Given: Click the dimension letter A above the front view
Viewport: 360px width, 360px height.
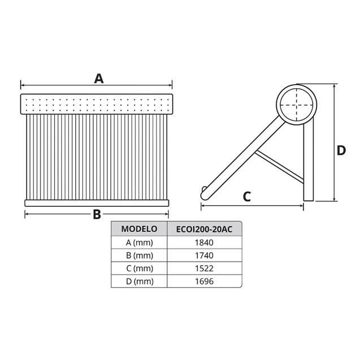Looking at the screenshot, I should click(x=99, y=78).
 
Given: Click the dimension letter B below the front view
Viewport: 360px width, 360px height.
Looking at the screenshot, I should click(x=97, y=214).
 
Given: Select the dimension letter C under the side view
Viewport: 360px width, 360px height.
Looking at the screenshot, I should click(x=246, y=197).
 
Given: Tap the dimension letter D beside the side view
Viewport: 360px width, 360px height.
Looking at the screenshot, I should click(x=341, y=150).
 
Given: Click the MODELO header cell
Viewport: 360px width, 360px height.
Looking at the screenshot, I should click(x=139, y=229).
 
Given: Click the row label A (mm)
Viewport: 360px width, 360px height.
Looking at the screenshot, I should click(x=139, y=242).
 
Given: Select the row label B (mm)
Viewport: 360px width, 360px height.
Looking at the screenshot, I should click(x=139, y=255).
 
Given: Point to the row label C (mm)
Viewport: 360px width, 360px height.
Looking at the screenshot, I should click(x=139, y=268).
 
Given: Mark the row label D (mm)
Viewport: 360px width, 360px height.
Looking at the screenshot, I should click(x=139, y=281).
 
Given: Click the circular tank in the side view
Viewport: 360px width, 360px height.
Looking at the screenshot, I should click(x=296, y=105).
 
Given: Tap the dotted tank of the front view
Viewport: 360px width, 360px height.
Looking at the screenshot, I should click(x=96, y=105).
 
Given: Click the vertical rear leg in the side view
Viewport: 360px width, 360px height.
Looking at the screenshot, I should click(x=309, y=164).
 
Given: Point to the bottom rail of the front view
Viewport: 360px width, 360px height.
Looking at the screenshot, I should click(x=96, y=202).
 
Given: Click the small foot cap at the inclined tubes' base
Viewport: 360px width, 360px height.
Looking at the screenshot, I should click(x=204, y=192).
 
